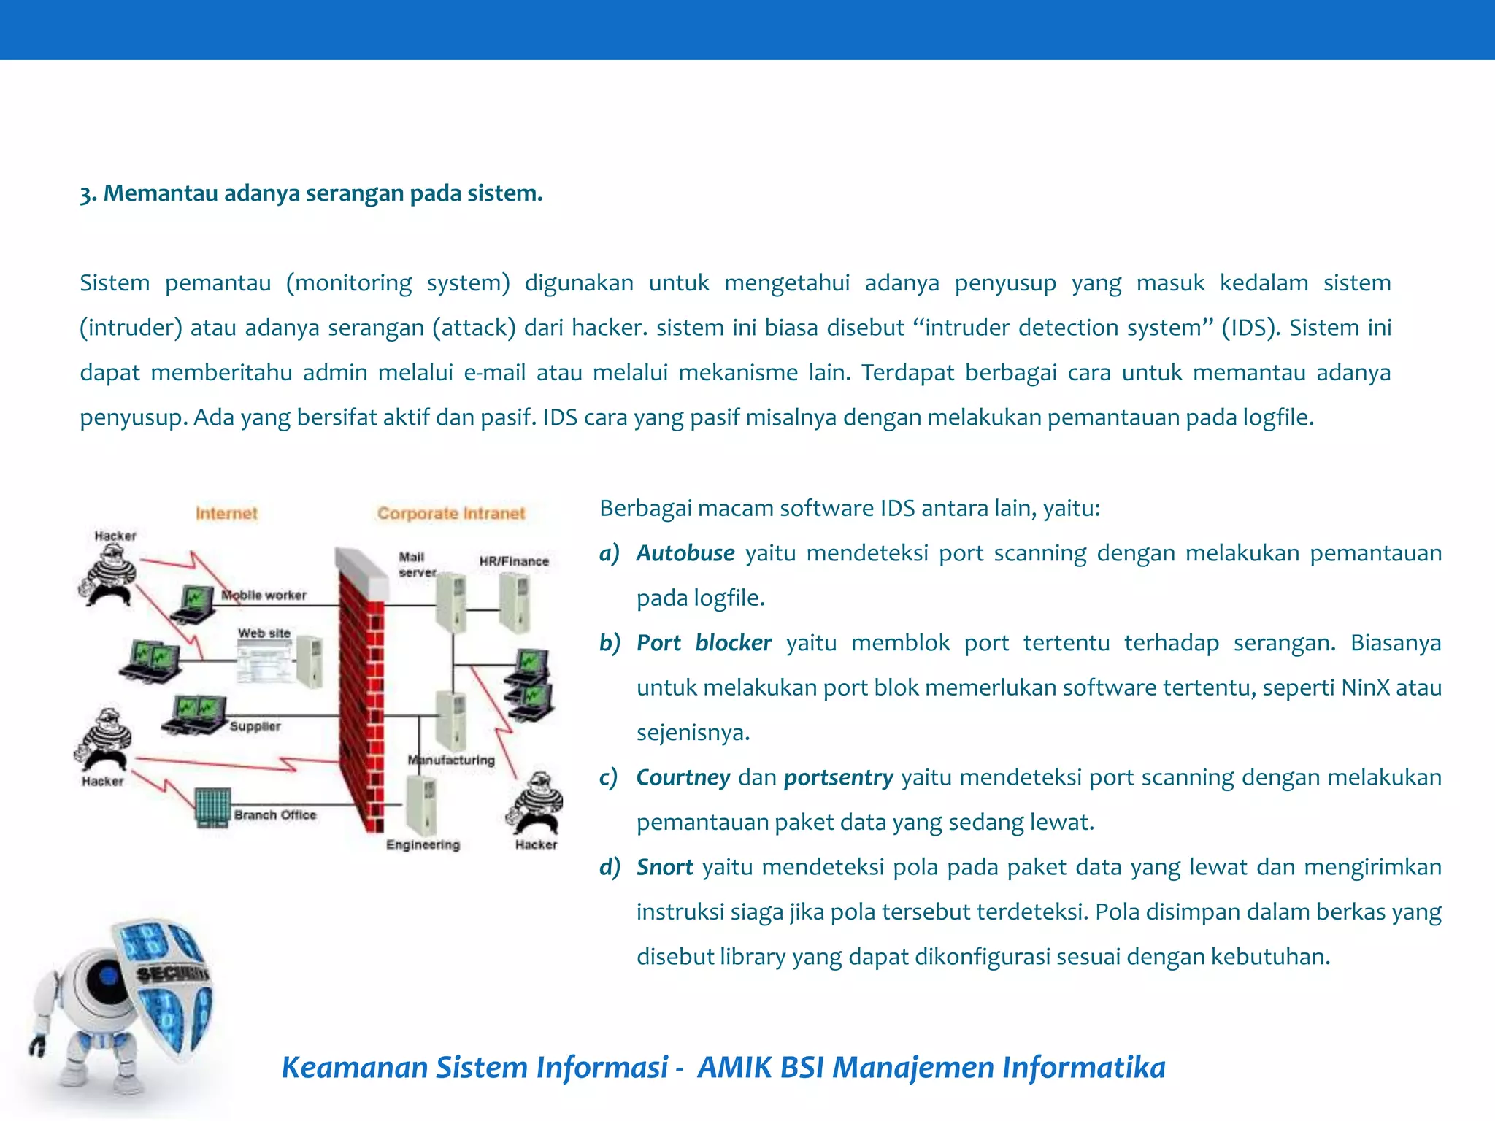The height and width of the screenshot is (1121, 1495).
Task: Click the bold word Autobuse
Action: [685, 553]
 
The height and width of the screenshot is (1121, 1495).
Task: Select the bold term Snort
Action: [664, 867]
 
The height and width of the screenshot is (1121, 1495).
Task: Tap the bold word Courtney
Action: [683, 777]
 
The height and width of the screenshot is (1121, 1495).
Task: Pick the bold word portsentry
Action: [838, 777]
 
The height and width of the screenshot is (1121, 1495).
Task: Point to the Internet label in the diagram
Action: [226, 513]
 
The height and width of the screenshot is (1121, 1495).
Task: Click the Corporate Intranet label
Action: [451, 513]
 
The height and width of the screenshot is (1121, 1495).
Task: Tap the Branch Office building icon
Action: [213, 807]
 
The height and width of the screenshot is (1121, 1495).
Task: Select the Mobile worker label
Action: [264, 595]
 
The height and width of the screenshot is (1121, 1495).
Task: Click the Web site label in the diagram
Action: [264, 633]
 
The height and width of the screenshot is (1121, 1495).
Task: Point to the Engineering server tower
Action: [423, 804]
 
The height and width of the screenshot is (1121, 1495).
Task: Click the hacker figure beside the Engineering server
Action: [538, 803]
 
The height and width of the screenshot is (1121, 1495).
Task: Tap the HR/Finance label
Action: [514, 560]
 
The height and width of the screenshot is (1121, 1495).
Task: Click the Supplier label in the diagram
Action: [255, 726]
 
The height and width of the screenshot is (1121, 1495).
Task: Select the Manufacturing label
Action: [451, 760]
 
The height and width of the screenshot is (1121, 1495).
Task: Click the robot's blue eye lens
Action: [109, 975]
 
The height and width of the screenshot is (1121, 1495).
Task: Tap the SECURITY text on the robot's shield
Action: [172, 974]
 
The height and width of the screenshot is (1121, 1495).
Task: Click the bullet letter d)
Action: [609, 867]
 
